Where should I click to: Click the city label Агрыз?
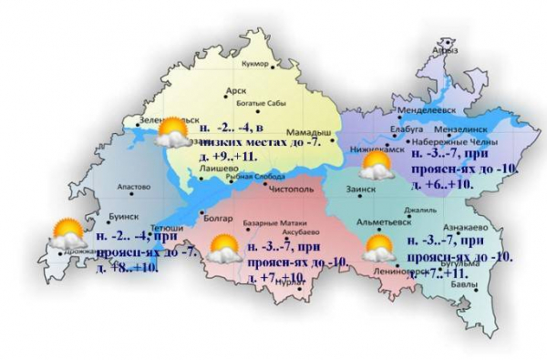(447, 52)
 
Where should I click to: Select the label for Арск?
(238, 91)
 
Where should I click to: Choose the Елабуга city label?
(405, 130)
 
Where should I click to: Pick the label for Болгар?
(208, 219)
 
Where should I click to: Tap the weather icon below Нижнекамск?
(375, 166)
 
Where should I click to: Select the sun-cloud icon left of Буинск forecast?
(67, 234)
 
